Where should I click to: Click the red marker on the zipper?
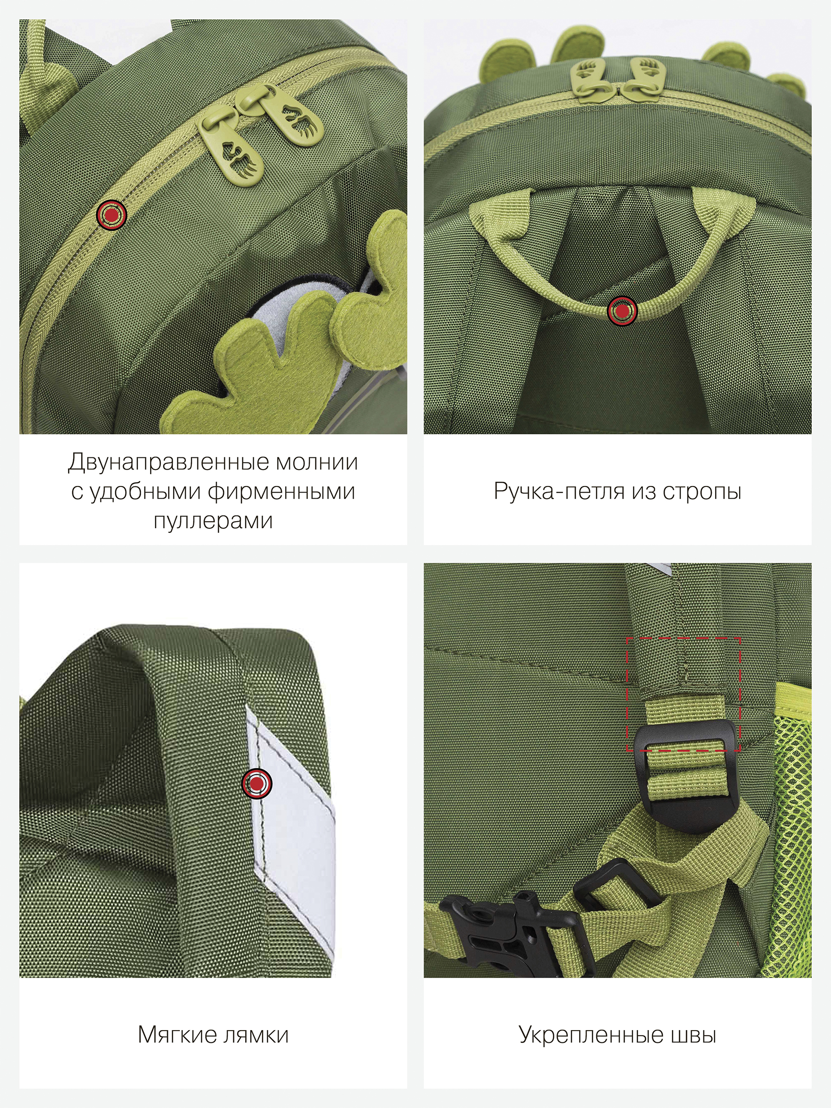pyautogui.click(x=111, y=215)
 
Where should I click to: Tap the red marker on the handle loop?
pyautogui.click(x=622, y=311)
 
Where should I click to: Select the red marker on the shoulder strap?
pyautogui.click(x=257, y=782)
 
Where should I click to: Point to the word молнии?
pyautogui.click(x=317, y=463)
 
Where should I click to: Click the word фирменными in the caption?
pyautogui.click(x=281, y=492)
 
